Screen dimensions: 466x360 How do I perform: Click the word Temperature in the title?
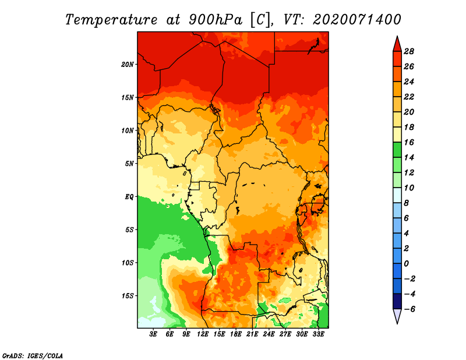click(111, 20)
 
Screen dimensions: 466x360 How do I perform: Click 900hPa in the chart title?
click(216, 20)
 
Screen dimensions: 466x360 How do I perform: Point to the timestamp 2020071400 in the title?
click(357, 20)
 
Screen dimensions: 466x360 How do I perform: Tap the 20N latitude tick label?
click(128, 65)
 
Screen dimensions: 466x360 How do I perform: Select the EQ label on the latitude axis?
click(129, 197)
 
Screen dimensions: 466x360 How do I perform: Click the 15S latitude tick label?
click(128, 296)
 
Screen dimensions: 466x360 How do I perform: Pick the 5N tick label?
click(129, 164)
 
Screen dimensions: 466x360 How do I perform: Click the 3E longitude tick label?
click(153, 334)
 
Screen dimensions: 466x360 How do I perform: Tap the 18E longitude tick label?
click(236, 334)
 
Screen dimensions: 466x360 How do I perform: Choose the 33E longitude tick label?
click(318, 334)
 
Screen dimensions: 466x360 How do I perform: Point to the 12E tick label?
click(203, 334)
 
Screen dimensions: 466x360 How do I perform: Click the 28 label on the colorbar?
click(409, 51)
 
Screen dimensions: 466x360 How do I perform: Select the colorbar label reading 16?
click(409, 142)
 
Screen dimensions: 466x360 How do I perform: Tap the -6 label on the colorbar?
click(409, 309)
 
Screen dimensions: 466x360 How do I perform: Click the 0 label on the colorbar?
click(407, 264)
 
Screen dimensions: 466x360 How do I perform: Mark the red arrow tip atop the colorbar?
click(397, 37)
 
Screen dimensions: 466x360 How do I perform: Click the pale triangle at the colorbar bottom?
click(397, 316)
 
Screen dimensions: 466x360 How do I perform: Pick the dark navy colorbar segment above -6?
click(397, 301)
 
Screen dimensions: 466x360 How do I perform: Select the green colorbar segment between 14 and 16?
click(397, 150)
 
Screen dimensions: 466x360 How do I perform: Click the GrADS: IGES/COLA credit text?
click(33, 355)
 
